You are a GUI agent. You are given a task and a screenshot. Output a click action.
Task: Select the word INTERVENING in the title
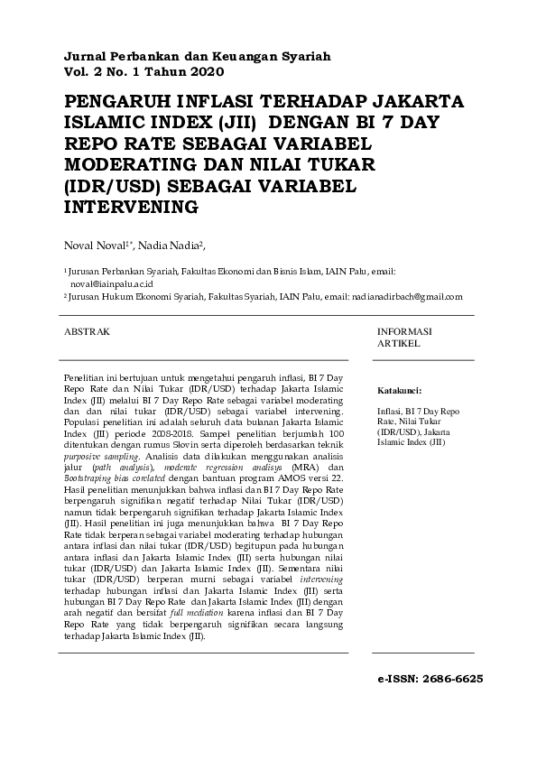[x=132, y=208]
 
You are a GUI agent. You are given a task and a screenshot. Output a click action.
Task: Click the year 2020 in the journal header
[x=203, y=70]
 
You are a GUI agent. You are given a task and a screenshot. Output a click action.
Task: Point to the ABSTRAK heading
[x=87, y=332]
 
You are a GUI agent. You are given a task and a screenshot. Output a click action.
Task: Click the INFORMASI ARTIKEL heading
[x=404, y=338]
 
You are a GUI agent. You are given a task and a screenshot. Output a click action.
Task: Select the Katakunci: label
[x=399, y=391]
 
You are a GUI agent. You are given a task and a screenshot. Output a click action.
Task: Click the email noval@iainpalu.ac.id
[x=114, y=282]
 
